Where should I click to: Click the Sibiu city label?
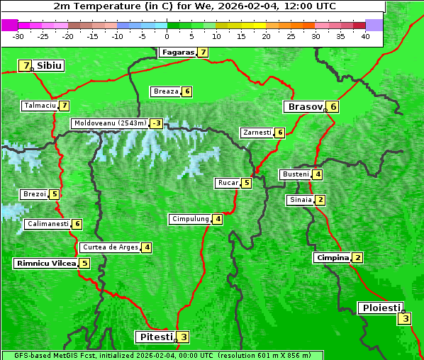pos(49,66)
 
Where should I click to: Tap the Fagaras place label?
pos(177,52)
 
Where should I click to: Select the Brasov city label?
pos(304,107)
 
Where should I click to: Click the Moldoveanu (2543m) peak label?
pos(110,123)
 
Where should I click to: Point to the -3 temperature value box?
pos(156,123)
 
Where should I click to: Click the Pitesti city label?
pos(155,337)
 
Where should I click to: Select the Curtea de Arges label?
pos(109,247)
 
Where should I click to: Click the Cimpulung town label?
pos(189,219)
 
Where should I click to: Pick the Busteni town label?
pos(295,174)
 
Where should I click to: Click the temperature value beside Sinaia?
pos(320,200)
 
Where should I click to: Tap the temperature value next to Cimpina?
pos(357,257)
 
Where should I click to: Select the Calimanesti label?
pos(48,224)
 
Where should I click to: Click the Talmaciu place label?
pos(40,106)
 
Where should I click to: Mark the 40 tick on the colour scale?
pos(365,35)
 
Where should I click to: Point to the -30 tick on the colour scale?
pos(18,35)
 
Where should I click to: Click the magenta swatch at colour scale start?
pos(9,25)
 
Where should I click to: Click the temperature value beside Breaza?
pos(186,91)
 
